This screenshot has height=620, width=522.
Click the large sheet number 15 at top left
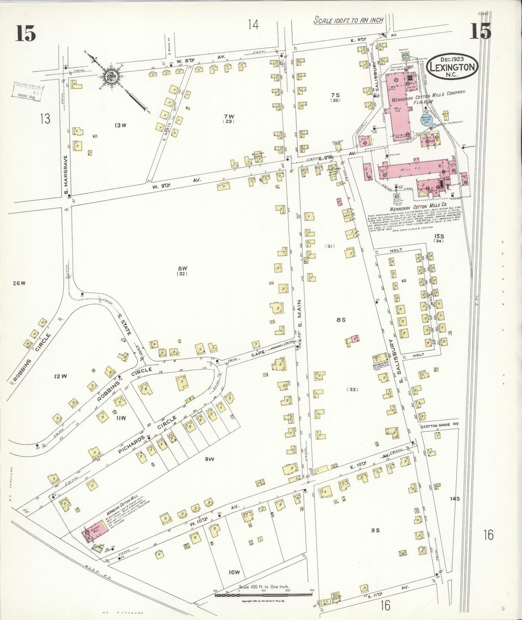tap(26, 34)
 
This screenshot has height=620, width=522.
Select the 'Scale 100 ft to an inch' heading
tap(348, 20)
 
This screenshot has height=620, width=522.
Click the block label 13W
tap(120, 126)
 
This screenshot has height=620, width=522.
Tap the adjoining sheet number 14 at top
tap(253, 25)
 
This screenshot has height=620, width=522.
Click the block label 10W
tap(234, 572)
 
